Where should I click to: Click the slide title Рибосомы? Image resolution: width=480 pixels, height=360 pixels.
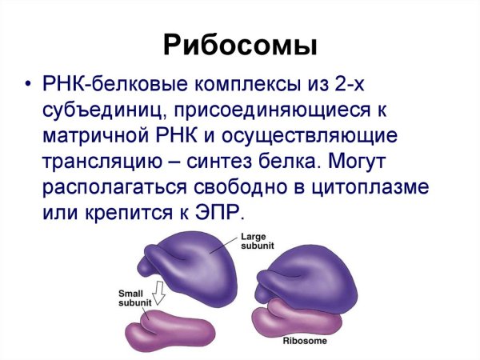click(x=240, y=45)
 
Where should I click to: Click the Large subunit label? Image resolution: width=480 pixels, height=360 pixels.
click(x=254, y=242)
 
